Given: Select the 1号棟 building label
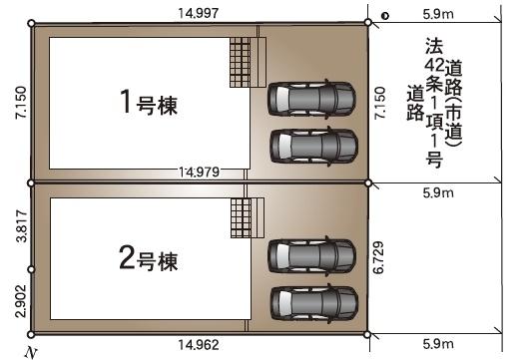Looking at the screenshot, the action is [150, 104].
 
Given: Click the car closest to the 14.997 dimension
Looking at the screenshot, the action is [311, 98].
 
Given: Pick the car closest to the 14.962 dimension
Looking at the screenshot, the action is [311, 300].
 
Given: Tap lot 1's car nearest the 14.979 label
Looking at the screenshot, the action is [311, 146].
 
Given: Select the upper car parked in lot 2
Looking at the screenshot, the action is [311, 253].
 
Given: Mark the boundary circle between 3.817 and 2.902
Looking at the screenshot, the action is [32, 269].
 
